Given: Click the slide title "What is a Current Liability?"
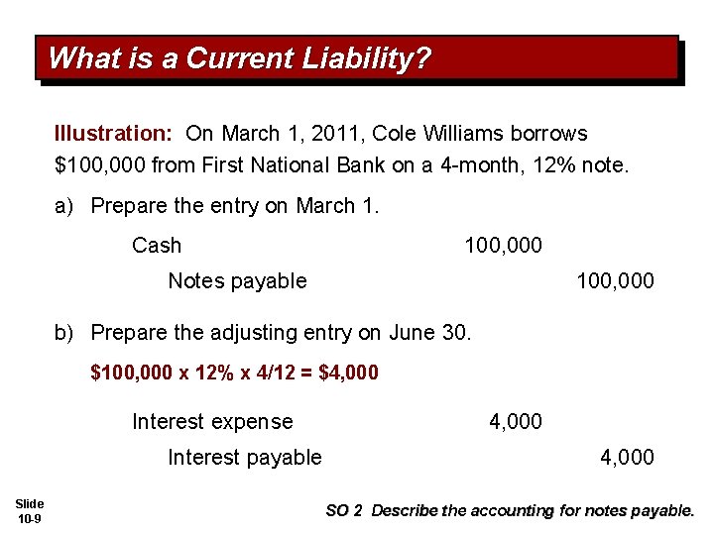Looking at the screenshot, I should pyautogui.click(x=239, y=58).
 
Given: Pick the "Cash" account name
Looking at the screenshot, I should pyautogui.click(x=157, y=245).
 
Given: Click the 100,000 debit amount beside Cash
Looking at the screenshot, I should pyautogui.click(x=503, y=245).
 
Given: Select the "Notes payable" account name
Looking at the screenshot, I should pyautogui.click(x=237, y=281).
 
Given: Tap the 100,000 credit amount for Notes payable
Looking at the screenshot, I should pyautogui.click(x=615, y=281).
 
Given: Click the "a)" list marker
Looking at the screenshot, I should pyautogui.click(x=65, y=206).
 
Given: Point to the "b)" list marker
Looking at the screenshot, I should pyautogui.click(x=65, y=333).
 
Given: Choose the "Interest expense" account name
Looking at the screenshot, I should pyautogui.click(x=212, y=422).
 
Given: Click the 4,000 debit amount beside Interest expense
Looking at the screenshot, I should pyautogui.click(x=516, y=422).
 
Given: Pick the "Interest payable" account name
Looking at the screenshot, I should pyautogui.click(x=245, y=458).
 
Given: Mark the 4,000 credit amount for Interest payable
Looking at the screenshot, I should pyautogui.click(x=627, y=458).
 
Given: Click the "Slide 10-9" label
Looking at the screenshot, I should pyautogui.click(x=30, y=511).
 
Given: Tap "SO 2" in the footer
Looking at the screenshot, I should pyautogui.click(x=346, y=511).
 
